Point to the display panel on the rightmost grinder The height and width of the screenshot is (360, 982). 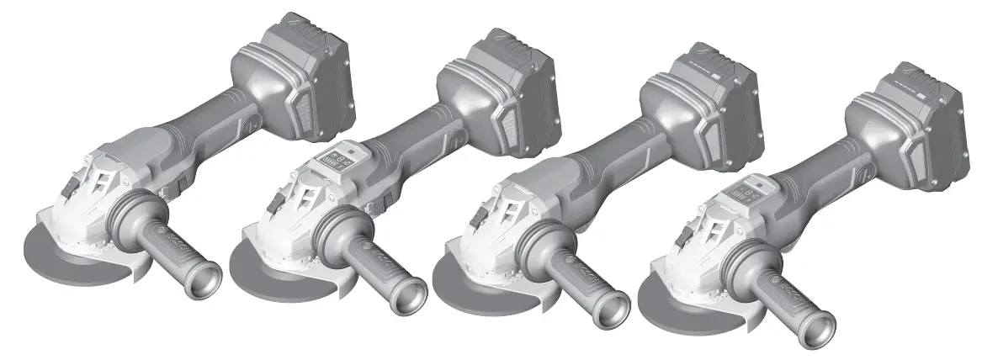point(744,189)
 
